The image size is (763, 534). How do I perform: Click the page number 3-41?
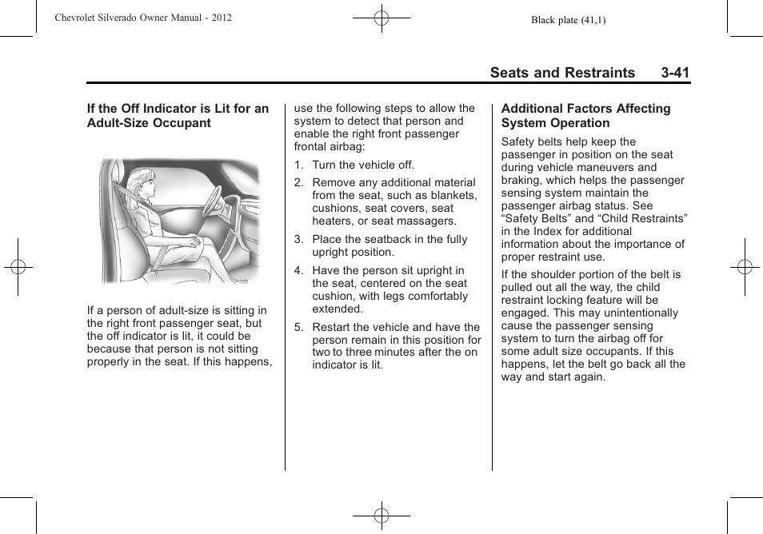675,73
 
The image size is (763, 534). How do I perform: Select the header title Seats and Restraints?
562,73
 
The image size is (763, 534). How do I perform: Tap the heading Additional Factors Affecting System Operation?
585,116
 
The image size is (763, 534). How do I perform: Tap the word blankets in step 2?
451,195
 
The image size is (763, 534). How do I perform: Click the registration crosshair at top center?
381,17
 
